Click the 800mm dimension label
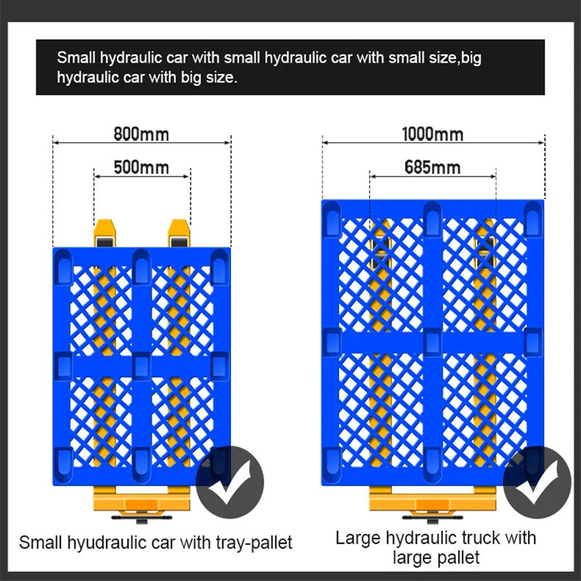[141, 134]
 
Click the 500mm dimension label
[141, 168]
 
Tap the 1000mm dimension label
[433, 134]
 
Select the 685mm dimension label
[432, 168]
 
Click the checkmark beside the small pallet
[229, 482]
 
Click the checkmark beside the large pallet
[537, 482]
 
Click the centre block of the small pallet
[141, 366]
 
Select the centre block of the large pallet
[432, 342]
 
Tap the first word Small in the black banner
[76, 58]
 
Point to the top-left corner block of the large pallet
[332, 219]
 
